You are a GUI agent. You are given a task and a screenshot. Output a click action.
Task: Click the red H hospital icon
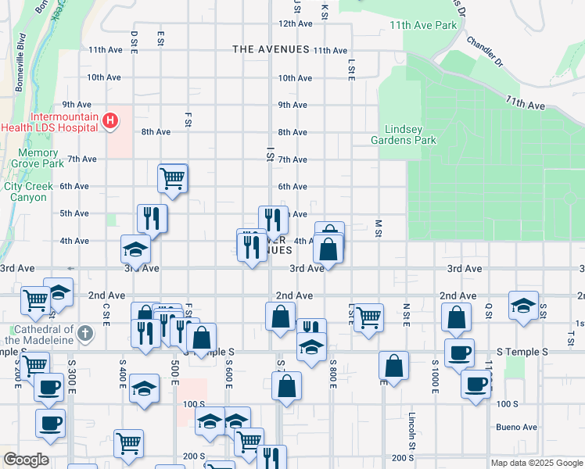click(x=111, y=120)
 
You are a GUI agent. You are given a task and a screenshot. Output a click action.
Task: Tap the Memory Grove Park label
click(x=38, y=159)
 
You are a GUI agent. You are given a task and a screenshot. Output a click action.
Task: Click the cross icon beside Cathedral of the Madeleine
click(x=86, y=334)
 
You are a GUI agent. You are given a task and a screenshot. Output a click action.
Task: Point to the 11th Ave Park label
click(x=423, y=25)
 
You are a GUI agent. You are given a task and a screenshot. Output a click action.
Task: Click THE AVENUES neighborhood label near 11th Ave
click(x=271, y=49)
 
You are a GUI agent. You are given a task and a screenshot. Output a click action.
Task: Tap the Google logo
click(x=26, y=460)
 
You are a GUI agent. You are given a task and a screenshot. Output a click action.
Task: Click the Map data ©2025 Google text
click(x=537, y=463)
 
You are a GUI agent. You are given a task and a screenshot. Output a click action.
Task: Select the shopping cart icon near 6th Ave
click(x=172, y=177)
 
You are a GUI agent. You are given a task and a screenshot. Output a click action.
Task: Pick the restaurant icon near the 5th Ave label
click(x=152, y=217)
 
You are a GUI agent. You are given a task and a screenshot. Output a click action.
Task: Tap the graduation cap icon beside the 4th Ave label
click(x=135, y=249)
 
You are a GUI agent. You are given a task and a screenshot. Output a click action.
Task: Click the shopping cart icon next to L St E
click(x=368, y=317)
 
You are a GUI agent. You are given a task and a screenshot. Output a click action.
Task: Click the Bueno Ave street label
click(x=516, y=428)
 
